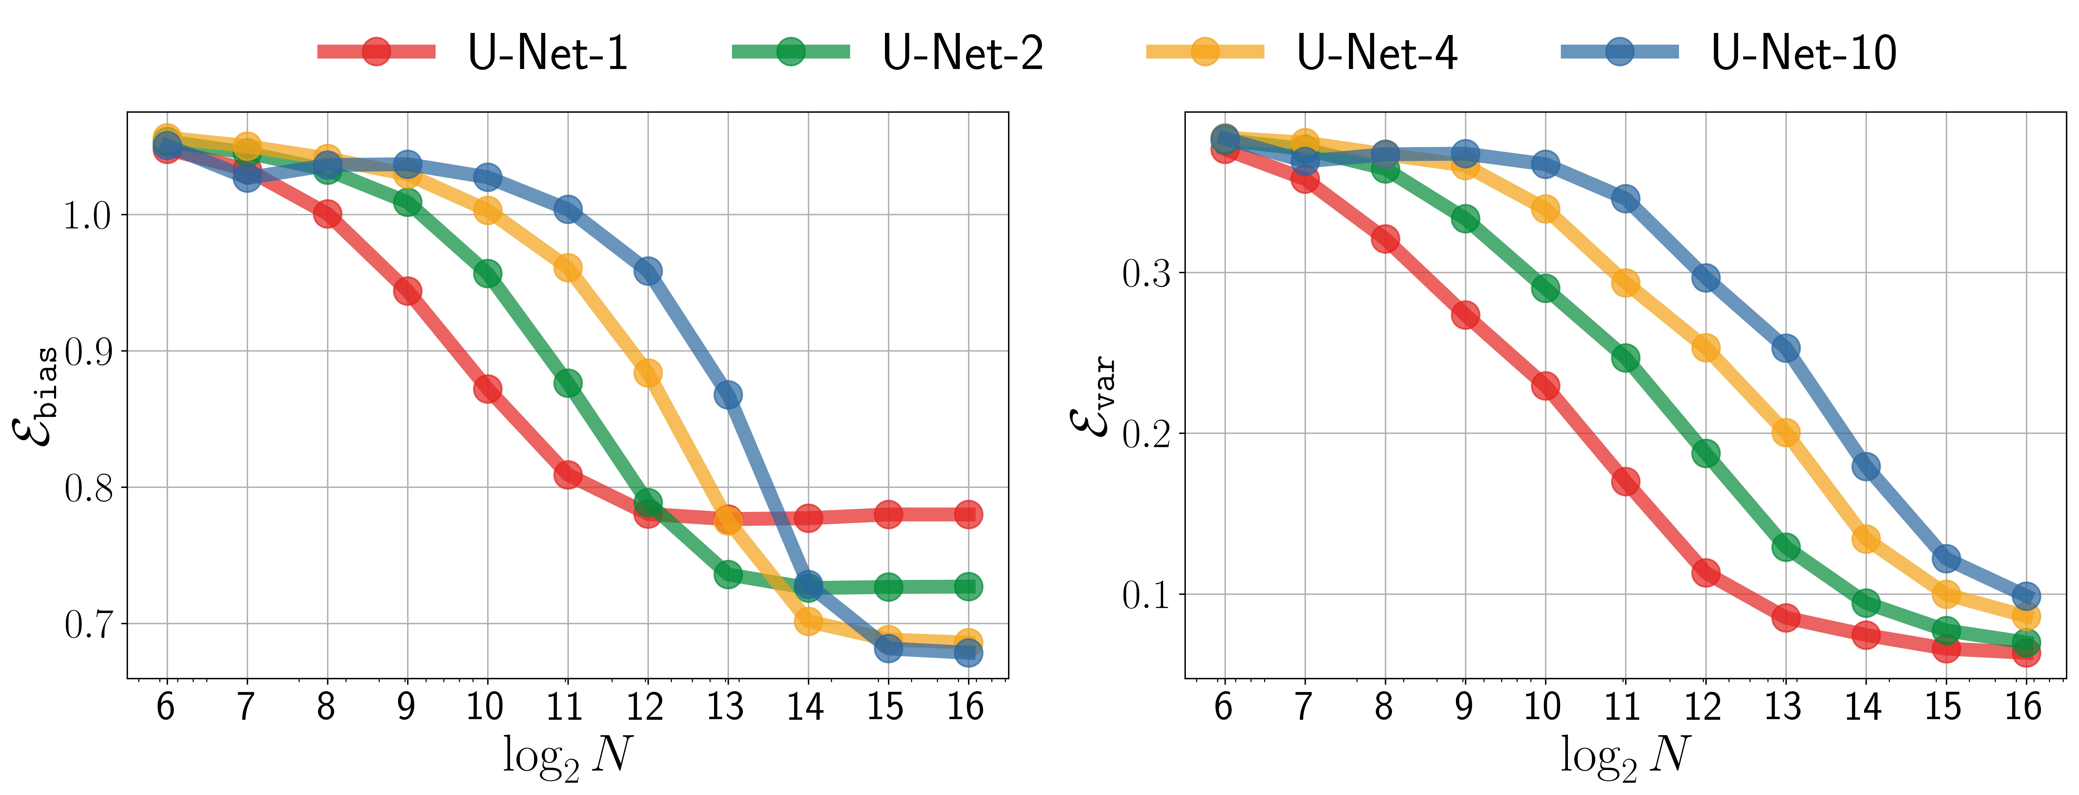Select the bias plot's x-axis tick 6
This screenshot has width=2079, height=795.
pyautogui.click(x=165, y=707)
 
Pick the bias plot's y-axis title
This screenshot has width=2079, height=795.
pyautogui.click(x=36, y=395)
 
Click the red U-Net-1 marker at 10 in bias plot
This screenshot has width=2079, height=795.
pyautogui.click(x=488, y=389)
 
